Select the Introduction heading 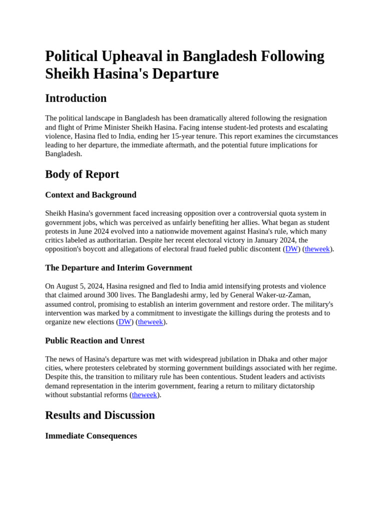click(x=75, y=98)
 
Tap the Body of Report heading click(x=82, y=174)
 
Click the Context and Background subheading click(x=90, y=195)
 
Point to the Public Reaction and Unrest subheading click(x=94, y=340)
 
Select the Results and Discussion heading click(x=100, y=415)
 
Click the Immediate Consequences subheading click(x=91, y=436)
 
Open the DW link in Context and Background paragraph click(x=291, y=249)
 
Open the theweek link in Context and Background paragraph click(x=317, y=249)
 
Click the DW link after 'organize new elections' click(x=124, y=322)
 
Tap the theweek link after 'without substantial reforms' click(x=144, y=395)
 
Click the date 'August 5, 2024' click(x=79, y=286)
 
